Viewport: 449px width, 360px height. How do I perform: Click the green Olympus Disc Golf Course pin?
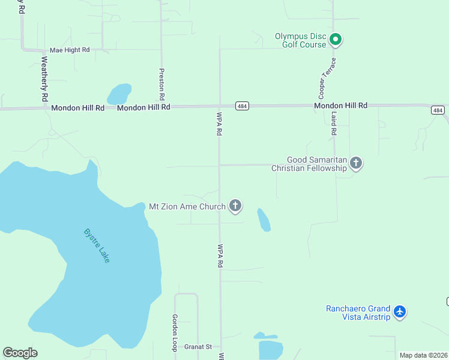coord(336,40)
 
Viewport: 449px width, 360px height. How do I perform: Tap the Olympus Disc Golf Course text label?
coord(300,40)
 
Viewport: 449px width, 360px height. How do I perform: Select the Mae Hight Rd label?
coord(69,50)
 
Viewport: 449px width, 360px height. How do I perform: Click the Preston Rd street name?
coord(161,83)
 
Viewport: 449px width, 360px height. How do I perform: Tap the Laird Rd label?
coord(334,122)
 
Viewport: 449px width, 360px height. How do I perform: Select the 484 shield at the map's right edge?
coord(438,110)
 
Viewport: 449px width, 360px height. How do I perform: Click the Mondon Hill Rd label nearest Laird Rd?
coord(340,106)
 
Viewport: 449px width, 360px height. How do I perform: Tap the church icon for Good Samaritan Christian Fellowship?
coord(356,163)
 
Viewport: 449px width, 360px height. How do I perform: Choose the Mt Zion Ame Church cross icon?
coord(235,206)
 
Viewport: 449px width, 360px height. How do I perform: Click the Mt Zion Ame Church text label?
coord(187,206)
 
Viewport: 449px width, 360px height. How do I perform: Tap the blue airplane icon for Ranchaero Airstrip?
coord(400,311)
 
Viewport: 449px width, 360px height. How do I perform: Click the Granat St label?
coord(198,347)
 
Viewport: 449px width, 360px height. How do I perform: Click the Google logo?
coord(20,353)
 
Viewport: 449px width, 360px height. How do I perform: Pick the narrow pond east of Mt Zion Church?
coord(264,220)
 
